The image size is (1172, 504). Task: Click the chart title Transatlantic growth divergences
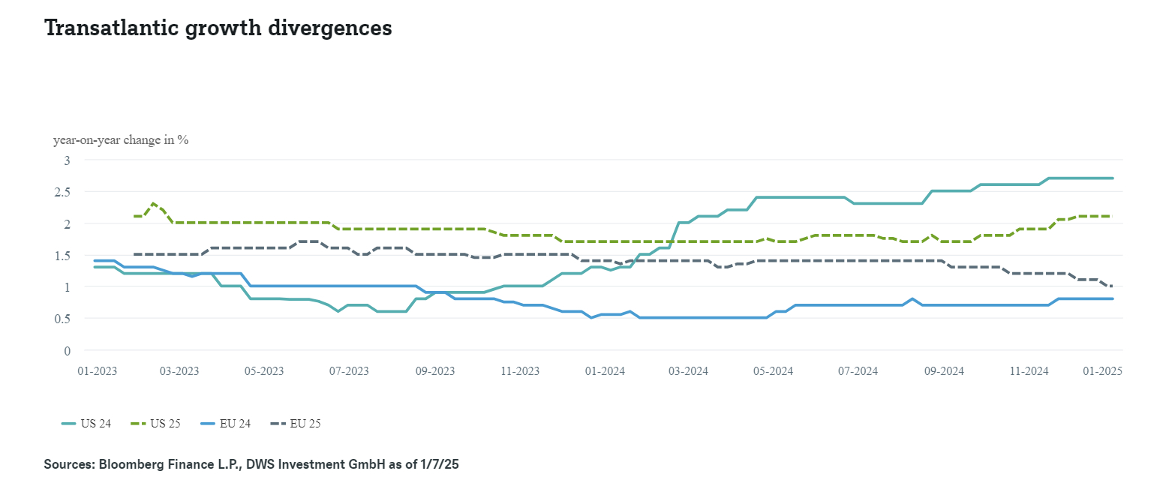pos(218,28)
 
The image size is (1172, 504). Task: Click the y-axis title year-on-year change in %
pos(120,140)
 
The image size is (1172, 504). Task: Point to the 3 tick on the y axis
pos(67,160)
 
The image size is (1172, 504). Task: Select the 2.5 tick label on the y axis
pos(63,192)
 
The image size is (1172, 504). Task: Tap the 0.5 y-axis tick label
pos(63,319)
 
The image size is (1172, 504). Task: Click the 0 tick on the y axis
pos(67,350)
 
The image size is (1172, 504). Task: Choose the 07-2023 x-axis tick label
pos(349,371)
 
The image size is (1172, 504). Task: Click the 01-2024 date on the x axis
pos(605,371)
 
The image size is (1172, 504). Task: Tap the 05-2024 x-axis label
pos(774,371)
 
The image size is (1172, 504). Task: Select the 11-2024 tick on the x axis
pos(1029,371)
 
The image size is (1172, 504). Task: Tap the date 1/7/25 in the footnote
pos(440,465)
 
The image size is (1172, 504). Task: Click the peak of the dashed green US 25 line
pos(153,203)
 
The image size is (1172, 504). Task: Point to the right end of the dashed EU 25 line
pos(1111,286)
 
